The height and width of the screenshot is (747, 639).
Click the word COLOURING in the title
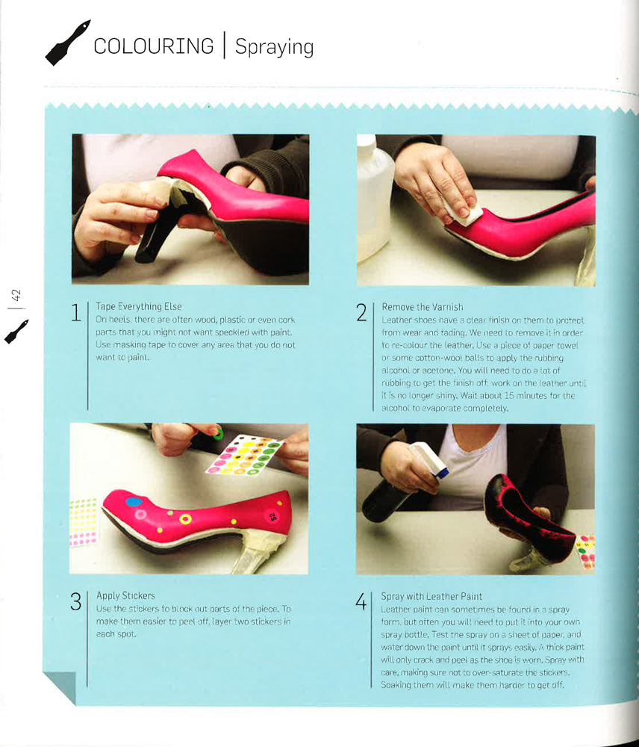click(153, 46)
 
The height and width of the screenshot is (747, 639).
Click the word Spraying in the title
click(274, 47)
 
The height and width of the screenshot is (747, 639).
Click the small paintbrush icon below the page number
click(16, 332)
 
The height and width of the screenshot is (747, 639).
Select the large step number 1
click(75, 312)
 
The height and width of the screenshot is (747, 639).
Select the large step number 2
click(361, 312)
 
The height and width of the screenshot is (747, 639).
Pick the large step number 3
click(75, 601)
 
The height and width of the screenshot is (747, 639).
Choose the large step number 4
click(361, 601)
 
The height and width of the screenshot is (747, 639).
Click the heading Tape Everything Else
click(139, 306)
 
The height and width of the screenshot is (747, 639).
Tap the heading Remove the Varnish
click(422, 306)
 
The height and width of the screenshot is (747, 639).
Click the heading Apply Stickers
click(125, 595)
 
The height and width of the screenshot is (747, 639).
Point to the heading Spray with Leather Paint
click(431, 596)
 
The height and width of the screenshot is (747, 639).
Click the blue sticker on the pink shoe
click(134, 502)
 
